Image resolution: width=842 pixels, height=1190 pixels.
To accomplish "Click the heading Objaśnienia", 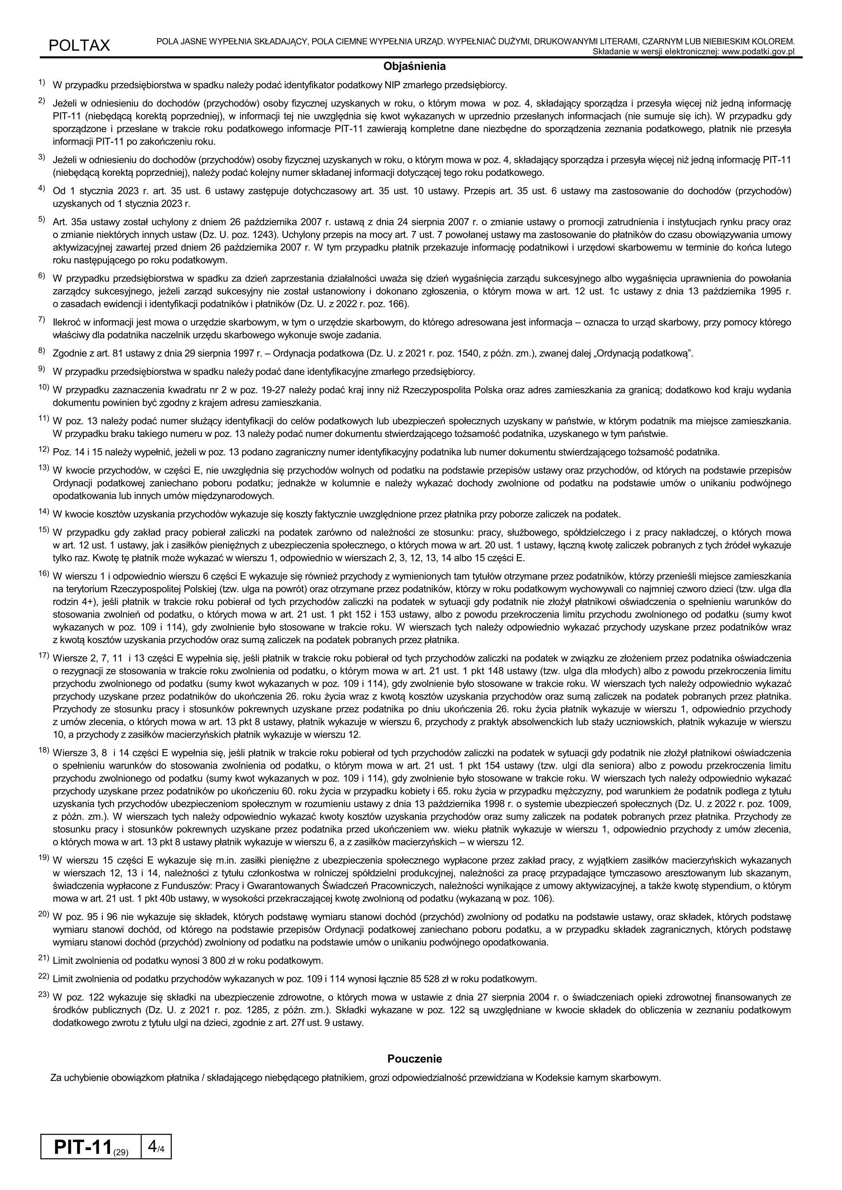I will [x=414, y=67].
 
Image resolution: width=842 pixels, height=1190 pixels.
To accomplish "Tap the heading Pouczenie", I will [x=414, y=1059].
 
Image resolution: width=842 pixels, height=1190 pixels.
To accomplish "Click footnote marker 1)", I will [x=41, y=83].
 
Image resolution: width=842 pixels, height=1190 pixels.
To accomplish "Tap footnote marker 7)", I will [x=41, y=320].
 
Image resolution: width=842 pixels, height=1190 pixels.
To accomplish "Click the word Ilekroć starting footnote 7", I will [x=67, y=322].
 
